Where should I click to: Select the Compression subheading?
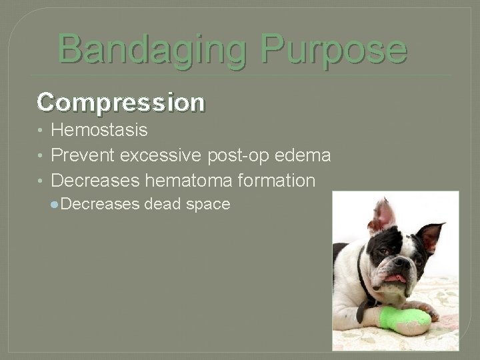click(x=121, y=102)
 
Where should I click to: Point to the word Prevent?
click(x=83, y=155)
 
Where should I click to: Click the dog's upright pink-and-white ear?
click(x=381, y=217)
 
